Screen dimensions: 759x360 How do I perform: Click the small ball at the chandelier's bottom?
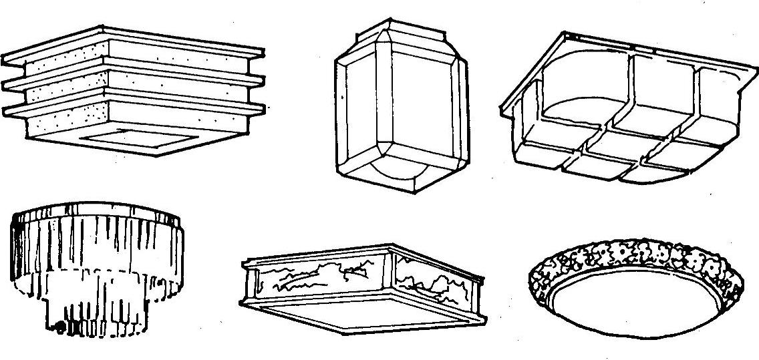[x=61, y=327]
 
